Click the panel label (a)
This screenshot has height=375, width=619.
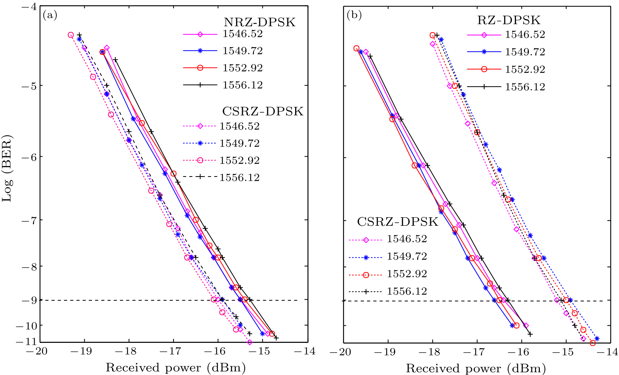(50, 15)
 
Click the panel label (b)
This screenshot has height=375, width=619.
(354, 15)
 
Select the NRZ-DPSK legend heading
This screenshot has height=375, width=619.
(259, 22)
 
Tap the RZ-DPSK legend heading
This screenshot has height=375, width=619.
(509, 20)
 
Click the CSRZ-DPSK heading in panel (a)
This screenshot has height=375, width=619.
(263, 111)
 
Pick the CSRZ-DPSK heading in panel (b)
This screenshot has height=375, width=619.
(398, 222)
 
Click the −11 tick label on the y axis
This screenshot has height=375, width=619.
(26, 342)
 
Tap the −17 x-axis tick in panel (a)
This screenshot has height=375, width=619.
(173, 351)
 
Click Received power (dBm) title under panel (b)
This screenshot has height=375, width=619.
(476, 368)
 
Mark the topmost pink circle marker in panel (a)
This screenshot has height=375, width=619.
(71, 35)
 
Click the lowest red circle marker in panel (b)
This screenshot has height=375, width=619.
(593, 343)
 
